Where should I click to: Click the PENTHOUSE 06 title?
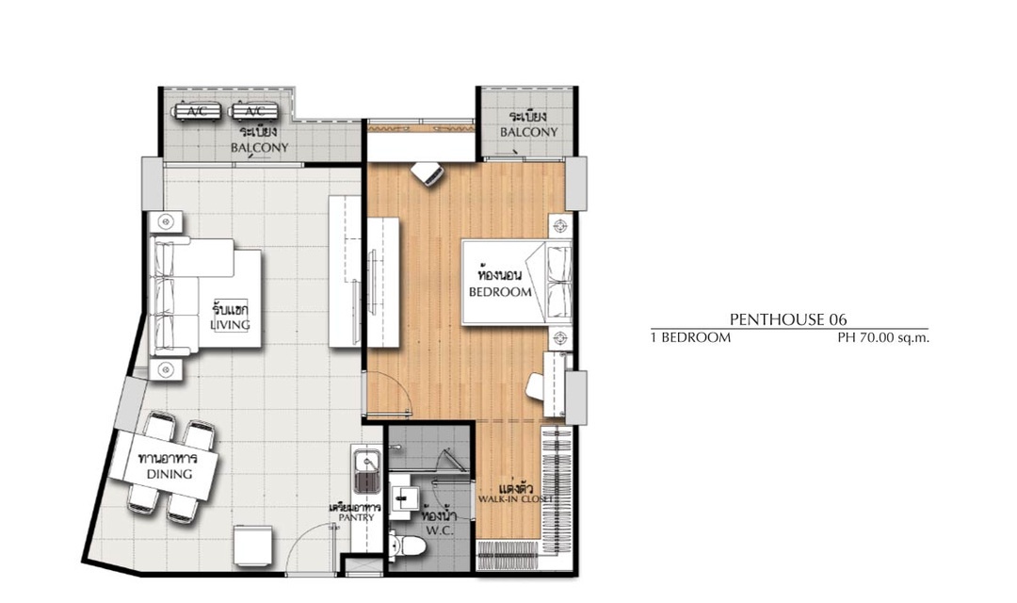788,319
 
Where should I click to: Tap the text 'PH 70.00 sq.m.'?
883,337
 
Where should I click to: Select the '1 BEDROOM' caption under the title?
691,337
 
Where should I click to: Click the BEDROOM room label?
500,292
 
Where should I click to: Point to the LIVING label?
230,324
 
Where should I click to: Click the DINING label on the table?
169,474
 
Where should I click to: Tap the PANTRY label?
356,517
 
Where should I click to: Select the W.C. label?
439,530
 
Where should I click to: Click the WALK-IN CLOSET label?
515,499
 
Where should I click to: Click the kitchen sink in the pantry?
367,473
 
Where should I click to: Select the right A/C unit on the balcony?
255,111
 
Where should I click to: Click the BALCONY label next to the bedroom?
528,132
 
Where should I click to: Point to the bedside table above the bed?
560,226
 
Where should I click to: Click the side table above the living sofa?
166,222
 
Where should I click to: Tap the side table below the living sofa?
166,369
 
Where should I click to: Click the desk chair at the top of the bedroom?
427,173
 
